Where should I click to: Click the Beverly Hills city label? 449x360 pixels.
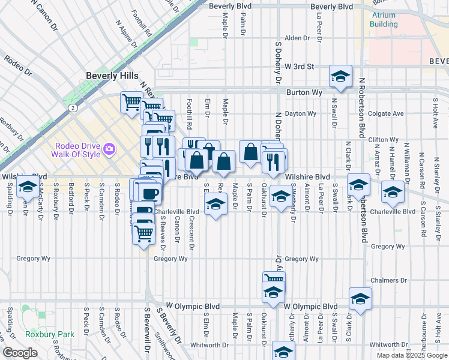[x=112, y=76]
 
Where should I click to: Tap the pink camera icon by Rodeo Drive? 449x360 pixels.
[x=109, y=148]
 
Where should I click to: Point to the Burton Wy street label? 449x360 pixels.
[x=304, y=92]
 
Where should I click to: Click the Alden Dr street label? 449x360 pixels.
[x=297, y=38]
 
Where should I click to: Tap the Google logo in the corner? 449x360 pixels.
[x=20, y=353]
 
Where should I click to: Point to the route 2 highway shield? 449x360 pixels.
[x=72, y=108]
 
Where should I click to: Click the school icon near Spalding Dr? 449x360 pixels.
[x=27, y=187]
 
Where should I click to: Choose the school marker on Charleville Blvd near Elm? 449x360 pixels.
[x=216, y=205]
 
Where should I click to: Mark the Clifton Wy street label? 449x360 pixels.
[x=379, y=139]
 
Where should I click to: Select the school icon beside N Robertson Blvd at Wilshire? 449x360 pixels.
[x=359, y=185]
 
